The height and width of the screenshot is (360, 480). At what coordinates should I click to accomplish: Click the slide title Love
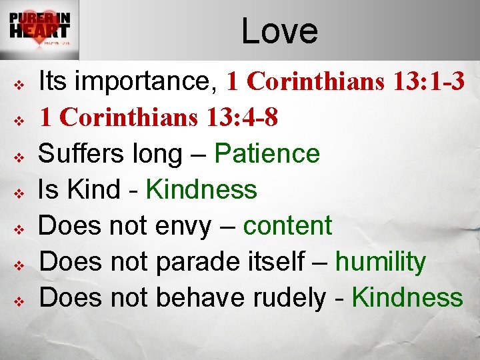tap(279, 31)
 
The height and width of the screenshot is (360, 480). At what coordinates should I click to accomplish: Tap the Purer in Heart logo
tap(40, 30)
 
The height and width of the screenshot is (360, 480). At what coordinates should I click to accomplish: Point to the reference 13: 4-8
tap(241, 117)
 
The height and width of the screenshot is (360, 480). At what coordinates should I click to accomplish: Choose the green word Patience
tap(267, 154)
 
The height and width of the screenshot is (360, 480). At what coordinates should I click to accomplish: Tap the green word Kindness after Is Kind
tap(201, 190)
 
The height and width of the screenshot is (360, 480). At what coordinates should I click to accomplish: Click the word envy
tap(181, 227)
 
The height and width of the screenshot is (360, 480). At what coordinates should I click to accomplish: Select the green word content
tap(287, 226)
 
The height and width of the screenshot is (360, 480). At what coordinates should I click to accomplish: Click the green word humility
tap(380, 262)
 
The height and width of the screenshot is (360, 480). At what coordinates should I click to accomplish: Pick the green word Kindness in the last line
tap(407, 298)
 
